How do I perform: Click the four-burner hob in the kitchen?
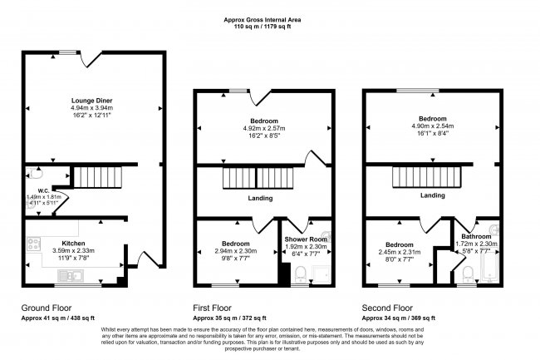[x=36, y=244]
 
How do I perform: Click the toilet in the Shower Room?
[x=301, y=274]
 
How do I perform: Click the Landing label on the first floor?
[x=262, y=198]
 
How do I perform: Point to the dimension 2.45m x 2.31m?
[x=399, y=252]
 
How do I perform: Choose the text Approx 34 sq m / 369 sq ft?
[x=399, y=318]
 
